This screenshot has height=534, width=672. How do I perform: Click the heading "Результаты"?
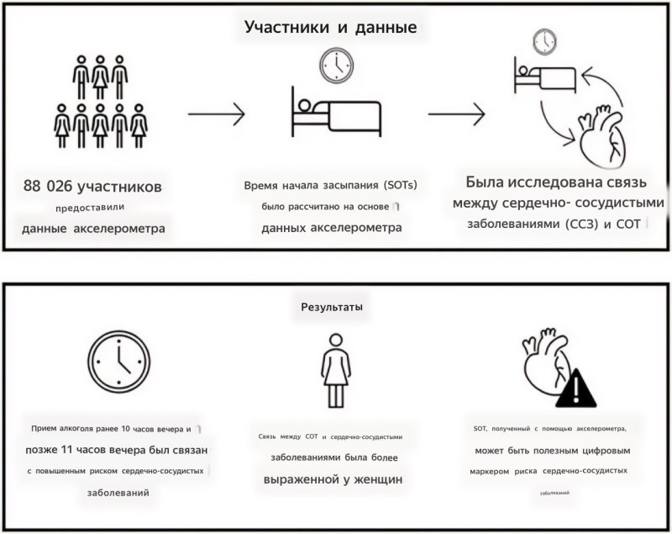pyautogui.click(x=332, y=307)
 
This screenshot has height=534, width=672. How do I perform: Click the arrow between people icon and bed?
pyautogui.click(x=216, y=112)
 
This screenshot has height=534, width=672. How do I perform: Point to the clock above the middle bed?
pyautogui.click(x=334, y=64)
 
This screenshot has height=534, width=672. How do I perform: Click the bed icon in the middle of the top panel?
pyautogui.click(x=335, y=114)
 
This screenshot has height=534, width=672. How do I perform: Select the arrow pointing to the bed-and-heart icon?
pyautogui.click(x=457, y=112)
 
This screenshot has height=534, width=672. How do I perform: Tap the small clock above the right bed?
pyautogui.click(x=545, y=40)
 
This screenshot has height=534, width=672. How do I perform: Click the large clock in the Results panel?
pyautogui.click(x=118, y=362)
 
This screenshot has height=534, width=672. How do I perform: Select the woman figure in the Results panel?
pyautogui.click(x=336, y=368)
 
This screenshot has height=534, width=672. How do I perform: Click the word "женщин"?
pyautogui.click(x=375, y=478)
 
